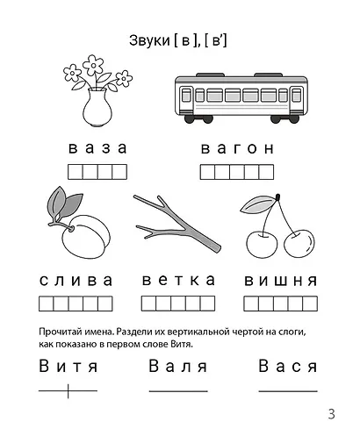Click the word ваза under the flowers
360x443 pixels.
[x=97, y=147]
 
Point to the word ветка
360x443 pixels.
[x=178, y=281]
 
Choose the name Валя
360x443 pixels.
[x=178, y=366]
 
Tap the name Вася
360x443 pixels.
[x=287, y=366]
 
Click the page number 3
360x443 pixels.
[x=331, y=415]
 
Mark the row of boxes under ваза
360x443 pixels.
[x=97, y=171]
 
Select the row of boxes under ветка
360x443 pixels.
[x=178, y=304]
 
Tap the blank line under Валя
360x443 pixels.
[x=178, y=390]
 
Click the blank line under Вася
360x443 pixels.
[x=287, y=390]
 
